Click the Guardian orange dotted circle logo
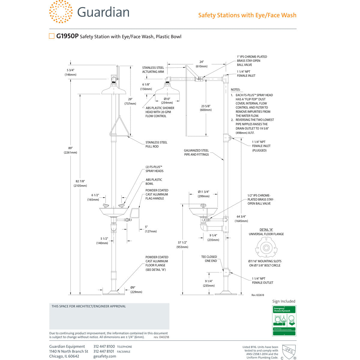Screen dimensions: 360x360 click(61, 12)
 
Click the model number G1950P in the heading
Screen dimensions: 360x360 click(67, 37)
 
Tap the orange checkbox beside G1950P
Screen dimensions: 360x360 click(52, 36)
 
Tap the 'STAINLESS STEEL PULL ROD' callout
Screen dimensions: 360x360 click(156, 144)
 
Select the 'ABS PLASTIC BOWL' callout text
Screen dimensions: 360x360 click(154, 181)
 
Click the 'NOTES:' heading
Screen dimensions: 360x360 click(235, 90)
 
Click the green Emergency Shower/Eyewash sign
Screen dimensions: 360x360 click(284, 320)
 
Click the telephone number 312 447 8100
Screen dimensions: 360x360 click(104, 346)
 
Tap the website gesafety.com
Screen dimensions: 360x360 click(104, 356)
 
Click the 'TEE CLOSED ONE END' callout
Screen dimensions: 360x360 click(209, 259)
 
